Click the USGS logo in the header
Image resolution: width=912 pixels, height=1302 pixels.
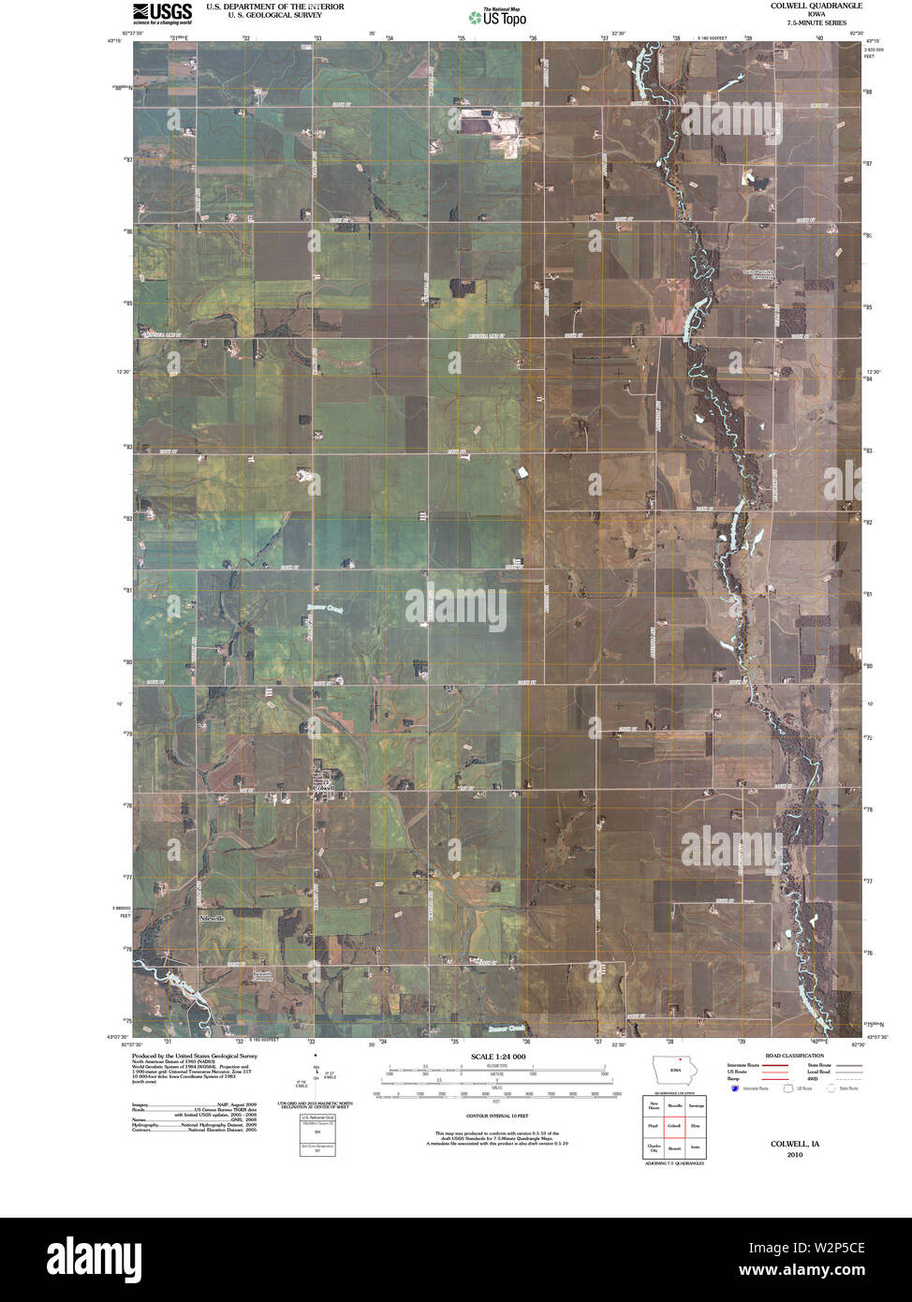click(x=162, y=12)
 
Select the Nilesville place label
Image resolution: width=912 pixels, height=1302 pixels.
click(x=213, y=919)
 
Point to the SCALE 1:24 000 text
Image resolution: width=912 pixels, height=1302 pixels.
click(x=497, y=1057)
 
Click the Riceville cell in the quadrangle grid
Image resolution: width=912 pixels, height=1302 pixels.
click(x=673, y=1105)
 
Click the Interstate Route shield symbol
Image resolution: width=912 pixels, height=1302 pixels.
click(x=735, y=1088)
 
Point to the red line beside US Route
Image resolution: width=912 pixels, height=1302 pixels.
click(x=773, y=1072)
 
